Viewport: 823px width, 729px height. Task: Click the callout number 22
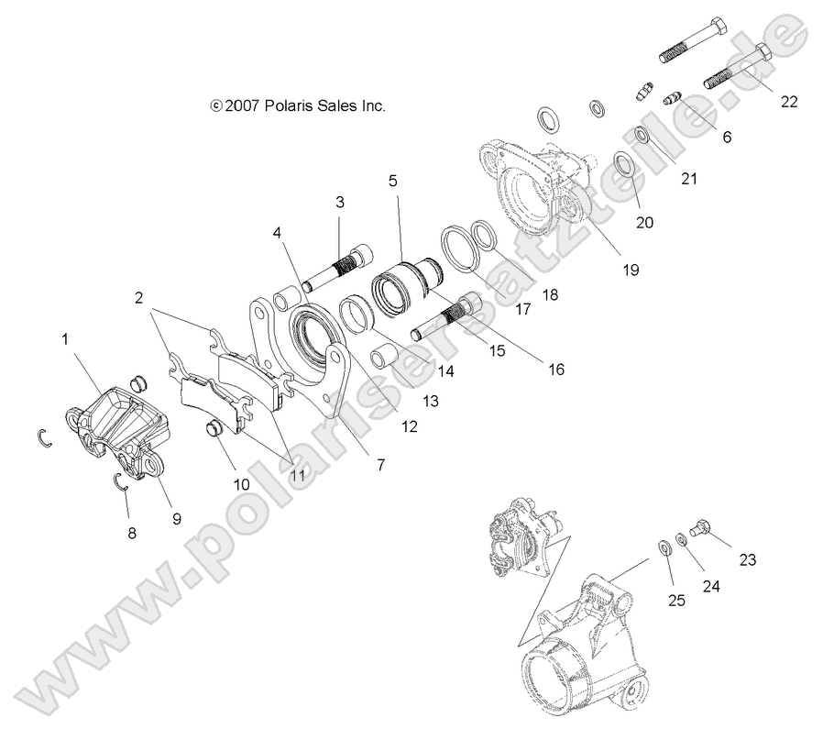click(789, 102)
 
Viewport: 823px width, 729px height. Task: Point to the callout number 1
click(65, 339)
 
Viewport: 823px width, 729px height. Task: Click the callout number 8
click(131, 533)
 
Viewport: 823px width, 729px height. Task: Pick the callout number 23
click(748, 560)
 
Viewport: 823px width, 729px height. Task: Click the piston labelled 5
click(406, 276)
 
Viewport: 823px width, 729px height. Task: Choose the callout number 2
click(138, 297)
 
